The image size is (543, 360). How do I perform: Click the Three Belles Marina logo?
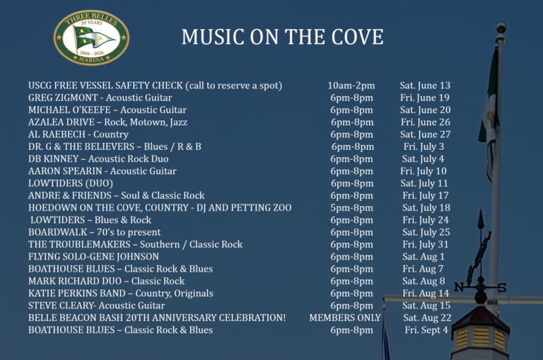(x=91, y=37)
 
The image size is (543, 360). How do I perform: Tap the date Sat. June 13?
(x=425, y=86)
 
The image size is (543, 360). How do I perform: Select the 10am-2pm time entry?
(x=351, y=86)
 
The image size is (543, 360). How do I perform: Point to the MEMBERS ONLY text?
(x=345, y=318)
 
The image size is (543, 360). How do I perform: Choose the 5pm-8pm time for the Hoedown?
(x=351, y=208)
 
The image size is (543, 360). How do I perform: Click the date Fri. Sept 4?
(x=426, y=330)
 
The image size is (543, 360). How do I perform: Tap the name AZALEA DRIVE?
(x=62, y=122)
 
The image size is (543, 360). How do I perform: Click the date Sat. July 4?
(x=423, y=158)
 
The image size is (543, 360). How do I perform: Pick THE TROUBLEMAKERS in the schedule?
(x=79, y=244)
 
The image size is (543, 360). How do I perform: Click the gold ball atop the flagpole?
(x=501, y=26)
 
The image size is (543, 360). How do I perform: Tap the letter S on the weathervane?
(x=501, y=287)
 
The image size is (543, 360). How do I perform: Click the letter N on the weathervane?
(x=459, y=287)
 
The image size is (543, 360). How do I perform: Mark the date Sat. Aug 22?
(x=427, y=318)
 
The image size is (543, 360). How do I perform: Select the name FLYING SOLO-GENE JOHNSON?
(x=93, y=257)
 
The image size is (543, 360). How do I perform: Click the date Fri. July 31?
(x=425, y=244)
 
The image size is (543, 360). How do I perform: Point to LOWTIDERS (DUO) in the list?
(x=71, y=183)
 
